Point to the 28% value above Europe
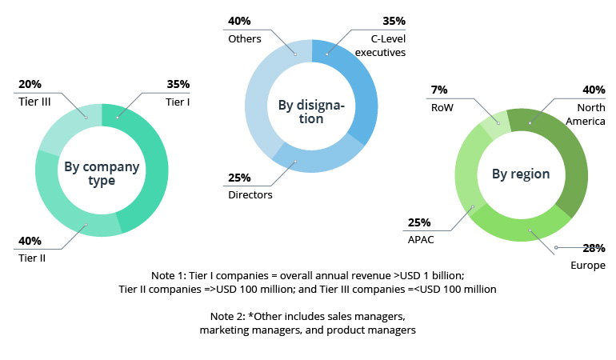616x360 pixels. point(593,249)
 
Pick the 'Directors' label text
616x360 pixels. point(251,194)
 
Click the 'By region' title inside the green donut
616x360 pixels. point(520,174)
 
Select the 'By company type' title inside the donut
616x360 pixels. point(102,174)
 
